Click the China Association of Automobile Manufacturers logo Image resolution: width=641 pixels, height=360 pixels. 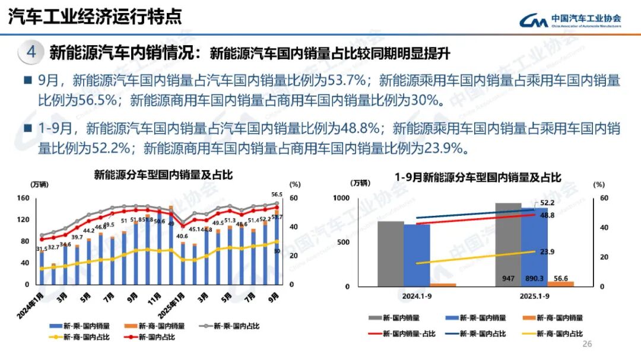[570, 21]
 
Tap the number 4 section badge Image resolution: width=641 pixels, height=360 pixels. [31, 52]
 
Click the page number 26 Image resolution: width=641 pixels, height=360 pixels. [588, 345]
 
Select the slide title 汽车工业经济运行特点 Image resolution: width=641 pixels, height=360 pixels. [94, 17]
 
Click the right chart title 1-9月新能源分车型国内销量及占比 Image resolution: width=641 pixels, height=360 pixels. [478, 176]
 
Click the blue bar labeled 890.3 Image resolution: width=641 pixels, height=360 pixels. [534, 246]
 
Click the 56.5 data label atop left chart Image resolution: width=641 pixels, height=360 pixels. [277, 194]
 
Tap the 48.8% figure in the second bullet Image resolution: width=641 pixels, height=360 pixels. [362, 128]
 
